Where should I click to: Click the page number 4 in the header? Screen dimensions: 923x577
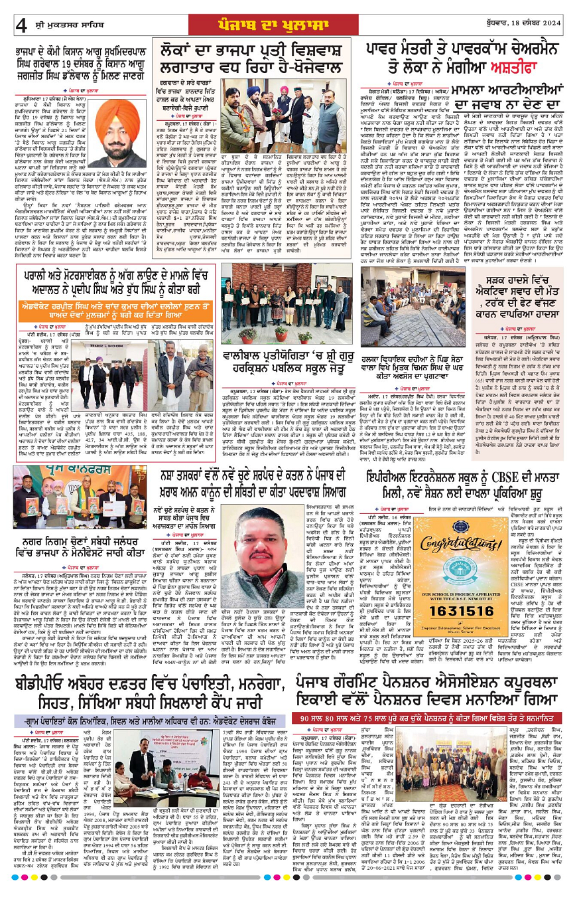coord(21,26)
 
